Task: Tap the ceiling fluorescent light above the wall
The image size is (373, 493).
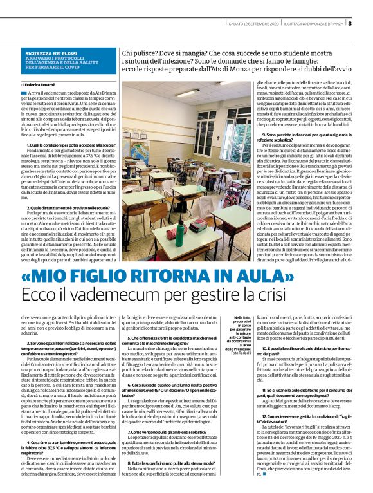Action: [187, 93]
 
